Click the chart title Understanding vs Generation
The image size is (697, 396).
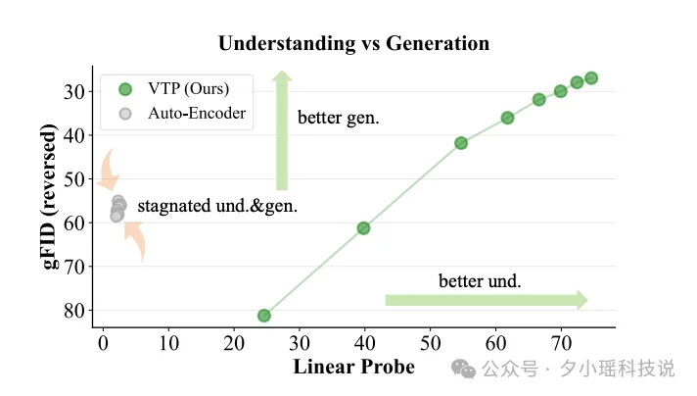[353, 43]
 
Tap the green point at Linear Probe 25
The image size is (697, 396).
[264, 316]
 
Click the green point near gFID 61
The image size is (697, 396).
[363, 228]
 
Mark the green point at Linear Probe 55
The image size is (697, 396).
[461, 143]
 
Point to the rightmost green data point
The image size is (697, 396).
[591, 78]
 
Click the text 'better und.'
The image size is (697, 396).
[480, 280]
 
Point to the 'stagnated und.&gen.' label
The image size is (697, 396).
[217, 207]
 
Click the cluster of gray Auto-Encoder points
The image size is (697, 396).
[118, 208]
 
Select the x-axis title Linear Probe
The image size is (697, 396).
[353, 368]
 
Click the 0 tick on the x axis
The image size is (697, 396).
[103, 342]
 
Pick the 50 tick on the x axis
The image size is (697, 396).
[430, 342]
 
